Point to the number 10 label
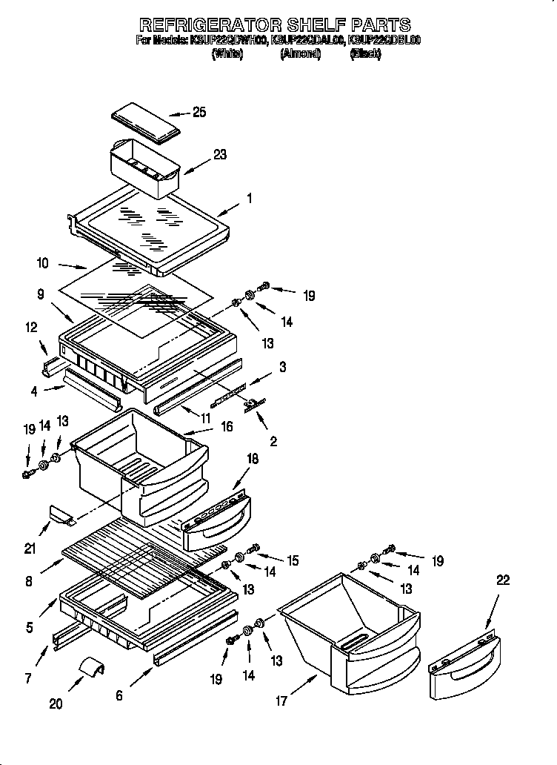tap(42, 262)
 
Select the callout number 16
tap(227, 426)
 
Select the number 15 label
tap(293, 561)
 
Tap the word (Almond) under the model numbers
tap(300, 54)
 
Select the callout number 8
tap(29, 582)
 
